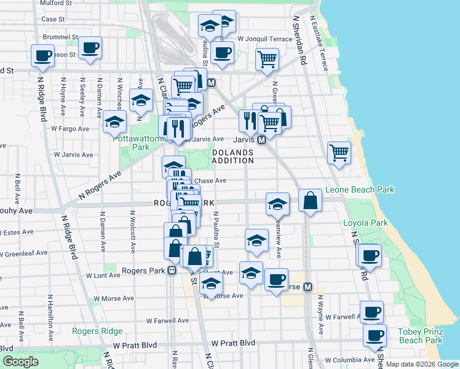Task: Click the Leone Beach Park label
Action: (x=360, y=190)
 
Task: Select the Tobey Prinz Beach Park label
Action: (x=421, y=336)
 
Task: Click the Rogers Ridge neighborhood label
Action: (x=97, y=331)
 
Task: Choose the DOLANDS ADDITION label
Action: (x=233, y=156)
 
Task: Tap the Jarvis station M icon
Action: (x=261, y=140)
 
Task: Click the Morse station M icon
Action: (x=307, y=287)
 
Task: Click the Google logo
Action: (x=21, y=362)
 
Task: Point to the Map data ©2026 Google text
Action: (x=421, y=364)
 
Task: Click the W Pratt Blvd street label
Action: (x=232, y=343)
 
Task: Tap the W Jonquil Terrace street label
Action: (x=264, y=39)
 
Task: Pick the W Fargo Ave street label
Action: (x=70, y=129)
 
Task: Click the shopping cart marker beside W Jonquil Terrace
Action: (x=268, y=60)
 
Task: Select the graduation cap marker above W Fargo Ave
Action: (x=115, y=122)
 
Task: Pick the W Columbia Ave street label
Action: (x=349, y=360)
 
